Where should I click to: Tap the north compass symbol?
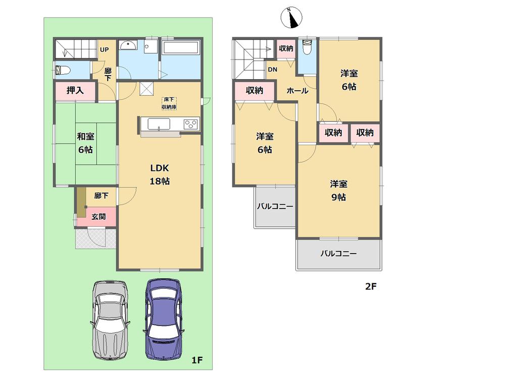coord(291,17)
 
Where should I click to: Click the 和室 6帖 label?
coord(86,143)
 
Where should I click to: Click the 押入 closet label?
coord(75,91)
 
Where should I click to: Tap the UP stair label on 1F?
coord(105,49)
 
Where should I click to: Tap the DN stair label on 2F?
coord(272,70)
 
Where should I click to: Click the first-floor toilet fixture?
coord(63,70)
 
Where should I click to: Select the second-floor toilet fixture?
coord(307,48)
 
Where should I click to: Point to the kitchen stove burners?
coord(191,123)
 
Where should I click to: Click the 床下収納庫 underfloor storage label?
coord(169,103)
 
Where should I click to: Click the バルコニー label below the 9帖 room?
coord(338,254)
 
